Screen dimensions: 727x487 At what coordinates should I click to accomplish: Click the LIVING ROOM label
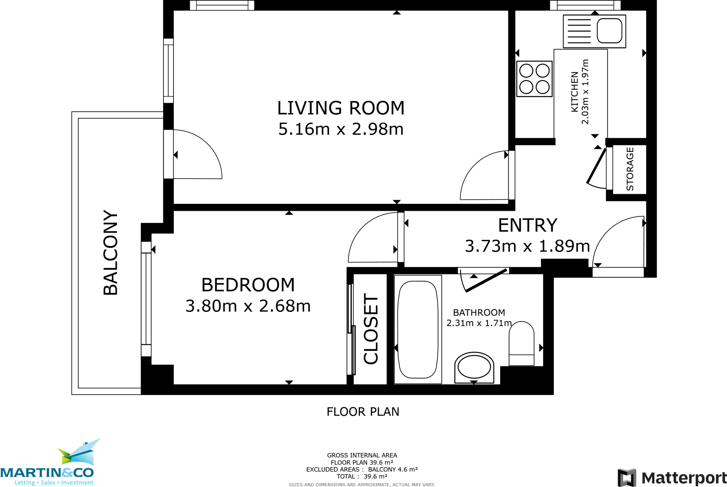[x=341, y=108]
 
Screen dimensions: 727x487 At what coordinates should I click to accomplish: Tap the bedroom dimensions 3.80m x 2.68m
[x=248, y=306]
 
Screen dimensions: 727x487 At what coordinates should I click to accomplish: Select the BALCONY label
[x=110, y=253]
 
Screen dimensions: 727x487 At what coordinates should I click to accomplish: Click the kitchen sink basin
[x=610, y=31]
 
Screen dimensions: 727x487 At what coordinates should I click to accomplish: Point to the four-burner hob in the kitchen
[x=535, y=79]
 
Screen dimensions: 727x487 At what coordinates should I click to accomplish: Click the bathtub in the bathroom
[x=418, y=330]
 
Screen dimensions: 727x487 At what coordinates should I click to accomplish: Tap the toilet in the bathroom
[x=521, y=343]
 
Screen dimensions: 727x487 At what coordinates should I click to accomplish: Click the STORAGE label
[x=630, y=169]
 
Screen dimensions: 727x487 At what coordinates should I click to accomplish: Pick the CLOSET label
[x=371, y=329]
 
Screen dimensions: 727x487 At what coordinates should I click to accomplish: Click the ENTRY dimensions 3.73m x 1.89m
[x=528, y=246]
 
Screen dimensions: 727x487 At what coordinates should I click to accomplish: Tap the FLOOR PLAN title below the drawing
[x=363, y=412]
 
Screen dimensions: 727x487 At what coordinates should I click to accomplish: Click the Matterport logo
[x=672, y=478]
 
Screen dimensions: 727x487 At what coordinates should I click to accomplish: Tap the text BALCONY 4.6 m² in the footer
[x=393, y=469]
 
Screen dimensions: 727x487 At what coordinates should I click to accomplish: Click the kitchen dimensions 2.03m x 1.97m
[x=585, y=92]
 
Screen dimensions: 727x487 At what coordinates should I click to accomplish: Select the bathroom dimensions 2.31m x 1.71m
[x=479, y=323]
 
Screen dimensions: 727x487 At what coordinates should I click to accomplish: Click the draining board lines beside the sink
[x=579, y=31]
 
